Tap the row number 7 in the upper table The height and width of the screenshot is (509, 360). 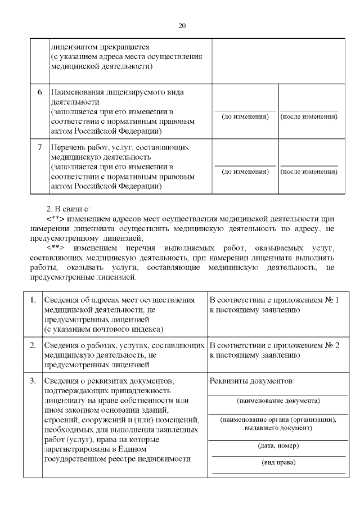40,147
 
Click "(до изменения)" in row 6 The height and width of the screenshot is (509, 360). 245,116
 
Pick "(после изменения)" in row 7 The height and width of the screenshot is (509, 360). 309,172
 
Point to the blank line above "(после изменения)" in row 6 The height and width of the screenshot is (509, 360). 309,110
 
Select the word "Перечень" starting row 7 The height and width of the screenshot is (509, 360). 66,147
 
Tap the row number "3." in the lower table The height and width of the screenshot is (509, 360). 33,381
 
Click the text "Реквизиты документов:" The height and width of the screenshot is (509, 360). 251,381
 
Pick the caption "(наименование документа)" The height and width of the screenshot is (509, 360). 278,400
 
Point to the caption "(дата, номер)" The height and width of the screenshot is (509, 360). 278,445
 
